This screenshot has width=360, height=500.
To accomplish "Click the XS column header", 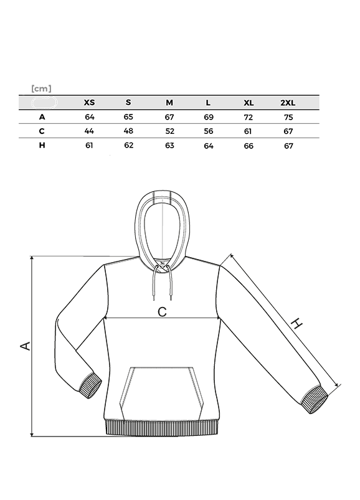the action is [89, 102].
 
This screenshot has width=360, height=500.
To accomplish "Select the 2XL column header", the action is [288, 103].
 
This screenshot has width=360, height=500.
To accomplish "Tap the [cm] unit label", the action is [42, 88].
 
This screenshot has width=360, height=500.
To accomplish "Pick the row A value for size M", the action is [169, 117].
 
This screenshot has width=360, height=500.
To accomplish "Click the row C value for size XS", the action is [89, 131].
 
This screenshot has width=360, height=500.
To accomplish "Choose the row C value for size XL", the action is [248, 131].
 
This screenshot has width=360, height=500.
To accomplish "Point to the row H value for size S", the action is [129, 146].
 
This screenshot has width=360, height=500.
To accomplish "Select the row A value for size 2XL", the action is [288, 117].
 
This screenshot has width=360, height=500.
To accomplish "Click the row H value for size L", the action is [209, 146].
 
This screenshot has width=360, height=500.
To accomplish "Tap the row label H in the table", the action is [42, 145].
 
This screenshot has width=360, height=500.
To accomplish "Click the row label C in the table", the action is [42, 131].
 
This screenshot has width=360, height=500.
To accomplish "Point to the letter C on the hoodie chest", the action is [162, 311].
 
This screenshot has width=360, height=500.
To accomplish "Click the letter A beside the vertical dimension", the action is [25, 346].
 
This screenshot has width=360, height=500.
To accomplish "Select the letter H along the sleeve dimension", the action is [297, 323].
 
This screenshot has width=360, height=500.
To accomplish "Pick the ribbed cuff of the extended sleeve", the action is [315, 400].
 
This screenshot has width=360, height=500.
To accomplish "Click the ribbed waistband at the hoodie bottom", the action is [162, 428].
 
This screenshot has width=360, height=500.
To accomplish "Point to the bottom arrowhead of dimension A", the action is [32, 434].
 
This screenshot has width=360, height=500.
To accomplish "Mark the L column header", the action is [208, 103].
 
